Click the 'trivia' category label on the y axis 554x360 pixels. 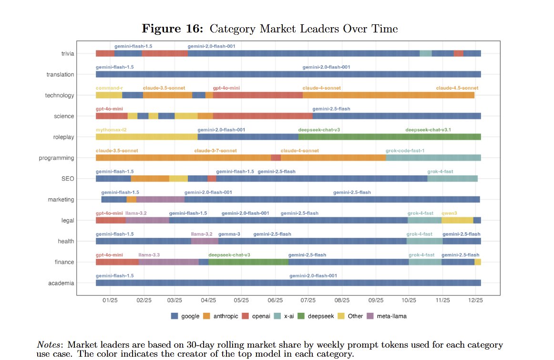pos(68,54)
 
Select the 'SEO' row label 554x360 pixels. pos(67,179)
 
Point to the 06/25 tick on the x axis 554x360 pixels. pos(275,301)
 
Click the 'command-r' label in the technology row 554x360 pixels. pos(109,88)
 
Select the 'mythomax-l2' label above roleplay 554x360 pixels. pos(111,130)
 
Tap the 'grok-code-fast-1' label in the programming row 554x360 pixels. pos(405,151)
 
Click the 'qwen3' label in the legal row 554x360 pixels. pos(449,213)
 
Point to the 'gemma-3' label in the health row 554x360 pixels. pos(229,234)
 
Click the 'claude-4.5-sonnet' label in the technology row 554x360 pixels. pos(457,88)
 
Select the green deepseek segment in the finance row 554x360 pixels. pos(248,262)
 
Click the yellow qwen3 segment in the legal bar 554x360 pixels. pos(457,220)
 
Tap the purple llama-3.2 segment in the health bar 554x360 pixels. pos(205,241)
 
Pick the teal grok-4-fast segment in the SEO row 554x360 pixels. pos(452,179)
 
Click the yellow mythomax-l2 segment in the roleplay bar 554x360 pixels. pos(146,137)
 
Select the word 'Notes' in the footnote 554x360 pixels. pos(49,345)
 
